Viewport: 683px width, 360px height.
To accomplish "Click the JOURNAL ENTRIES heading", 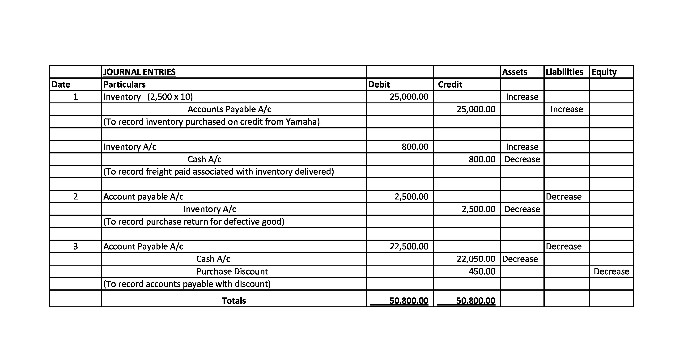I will [139, 72].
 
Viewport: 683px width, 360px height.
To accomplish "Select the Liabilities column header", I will [564, 72].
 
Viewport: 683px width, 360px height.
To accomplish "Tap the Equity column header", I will [604, 72].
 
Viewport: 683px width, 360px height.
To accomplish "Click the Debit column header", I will [379, 84].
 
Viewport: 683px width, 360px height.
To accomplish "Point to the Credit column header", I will [450, 84].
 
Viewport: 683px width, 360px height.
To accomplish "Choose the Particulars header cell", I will [124, 84].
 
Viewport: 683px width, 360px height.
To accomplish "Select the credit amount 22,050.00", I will [476, 259].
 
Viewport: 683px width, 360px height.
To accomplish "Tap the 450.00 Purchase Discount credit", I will [482, 271].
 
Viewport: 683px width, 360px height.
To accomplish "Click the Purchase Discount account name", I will [232, 271].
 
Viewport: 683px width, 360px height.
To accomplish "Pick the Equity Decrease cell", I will [611, 271].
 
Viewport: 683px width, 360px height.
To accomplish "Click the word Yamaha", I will [302, 122].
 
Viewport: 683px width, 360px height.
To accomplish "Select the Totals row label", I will [233, 300].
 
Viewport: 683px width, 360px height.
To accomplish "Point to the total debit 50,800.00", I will [409, 300].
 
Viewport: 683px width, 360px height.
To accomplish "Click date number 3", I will [75, 246].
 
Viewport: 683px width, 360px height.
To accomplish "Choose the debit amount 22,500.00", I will [409, 246].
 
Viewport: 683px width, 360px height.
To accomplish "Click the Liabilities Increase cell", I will [567, 109].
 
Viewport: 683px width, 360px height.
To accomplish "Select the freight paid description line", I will [218, 172].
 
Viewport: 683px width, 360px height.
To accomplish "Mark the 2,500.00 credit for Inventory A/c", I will [478, 209].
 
